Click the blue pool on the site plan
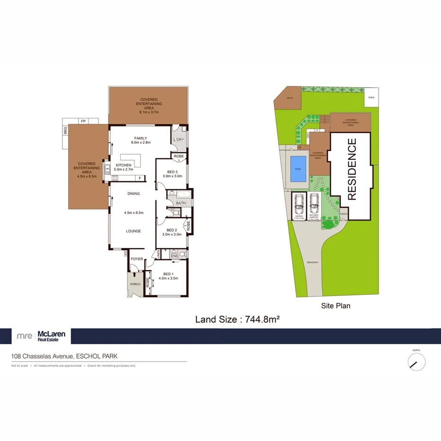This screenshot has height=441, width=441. pyautogui.click(x=297, y=169)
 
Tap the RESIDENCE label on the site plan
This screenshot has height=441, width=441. pyautogui.click(x=352, y=168)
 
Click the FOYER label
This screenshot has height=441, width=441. pyautogui.click(x=137, y=259)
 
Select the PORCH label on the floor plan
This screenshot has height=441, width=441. pyautogui.click(x=135, y=284)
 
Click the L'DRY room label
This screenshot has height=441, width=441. pyautogui.click(x=178, y=140)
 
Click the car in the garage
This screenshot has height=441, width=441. pyautogui.click(x=298, y=204)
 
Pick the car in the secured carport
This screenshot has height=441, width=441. pyautogui.click(x=314, y=204)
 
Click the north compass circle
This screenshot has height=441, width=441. pyautogui.click(x=416, y=362)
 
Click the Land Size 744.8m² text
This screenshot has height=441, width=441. pyautogui.click(x=237, y=319)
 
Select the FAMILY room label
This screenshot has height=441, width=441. pyautogui.click(x=141, y=140)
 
